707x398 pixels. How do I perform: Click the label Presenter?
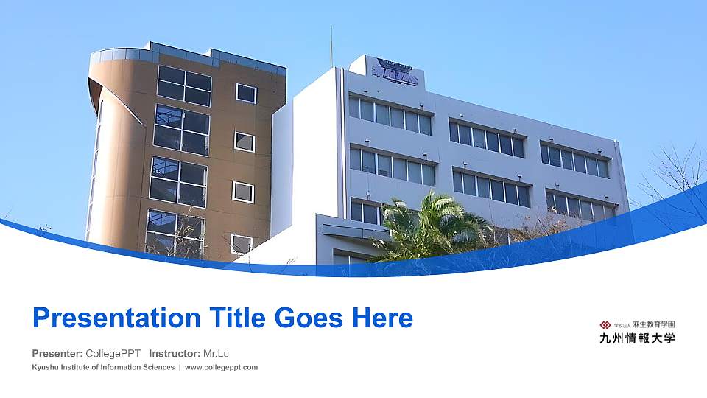(57, 353)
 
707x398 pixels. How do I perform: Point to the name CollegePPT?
(113, 353)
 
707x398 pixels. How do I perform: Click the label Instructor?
(175, 353)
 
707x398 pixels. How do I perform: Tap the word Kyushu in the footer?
(46, 367)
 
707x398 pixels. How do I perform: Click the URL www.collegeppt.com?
(221, 367)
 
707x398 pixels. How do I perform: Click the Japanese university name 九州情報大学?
(638, 339)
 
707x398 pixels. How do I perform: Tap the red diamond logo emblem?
(606, 324)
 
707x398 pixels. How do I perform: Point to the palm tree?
(431, 228)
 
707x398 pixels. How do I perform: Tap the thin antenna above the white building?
(331, 46)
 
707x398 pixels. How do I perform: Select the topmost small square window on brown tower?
(246, 94)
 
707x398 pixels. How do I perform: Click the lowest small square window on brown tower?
(242, 244)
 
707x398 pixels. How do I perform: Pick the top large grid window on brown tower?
(184, 85)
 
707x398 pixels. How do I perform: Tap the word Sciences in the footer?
(158, 367)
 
